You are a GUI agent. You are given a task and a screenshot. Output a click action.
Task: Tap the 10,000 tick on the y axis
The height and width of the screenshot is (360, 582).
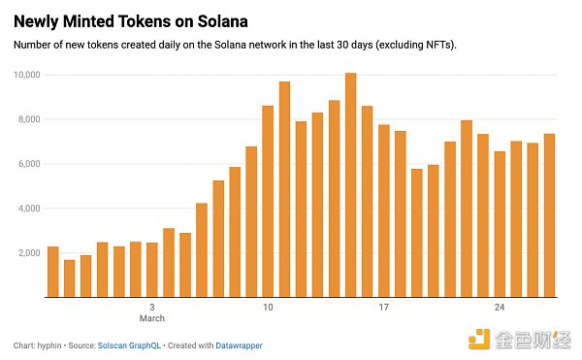[25, 75]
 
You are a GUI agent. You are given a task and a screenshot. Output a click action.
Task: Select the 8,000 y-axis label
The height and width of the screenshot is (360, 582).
[28, 119]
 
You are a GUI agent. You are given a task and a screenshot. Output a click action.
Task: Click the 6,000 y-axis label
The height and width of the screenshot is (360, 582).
[28, 164]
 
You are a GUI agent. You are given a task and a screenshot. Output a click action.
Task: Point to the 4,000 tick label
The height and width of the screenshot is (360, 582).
[28, 209]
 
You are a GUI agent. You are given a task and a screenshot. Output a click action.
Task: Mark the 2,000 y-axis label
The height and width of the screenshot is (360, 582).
[28, 253]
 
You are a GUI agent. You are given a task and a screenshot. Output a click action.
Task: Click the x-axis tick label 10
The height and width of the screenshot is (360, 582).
[268, 308]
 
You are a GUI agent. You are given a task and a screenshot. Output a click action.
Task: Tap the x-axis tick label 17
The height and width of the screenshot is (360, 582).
[383, 308]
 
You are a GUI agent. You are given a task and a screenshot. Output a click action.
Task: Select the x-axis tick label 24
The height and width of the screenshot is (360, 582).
[500, 308]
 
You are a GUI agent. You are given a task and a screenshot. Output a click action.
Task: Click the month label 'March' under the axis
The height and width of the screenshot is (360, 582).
[151, 318]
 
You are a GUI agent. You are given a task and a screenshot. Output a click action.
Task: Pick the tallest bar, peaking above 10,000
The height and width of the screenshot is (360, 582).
[350, 185]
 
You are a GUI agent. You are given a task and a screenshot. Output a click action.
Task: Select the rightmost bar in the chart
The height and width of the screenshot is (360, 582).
[549, 215]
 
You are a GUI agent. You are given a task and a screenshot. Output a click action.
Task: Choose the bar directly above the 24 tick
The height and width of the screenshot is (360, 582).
[500, 224]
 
